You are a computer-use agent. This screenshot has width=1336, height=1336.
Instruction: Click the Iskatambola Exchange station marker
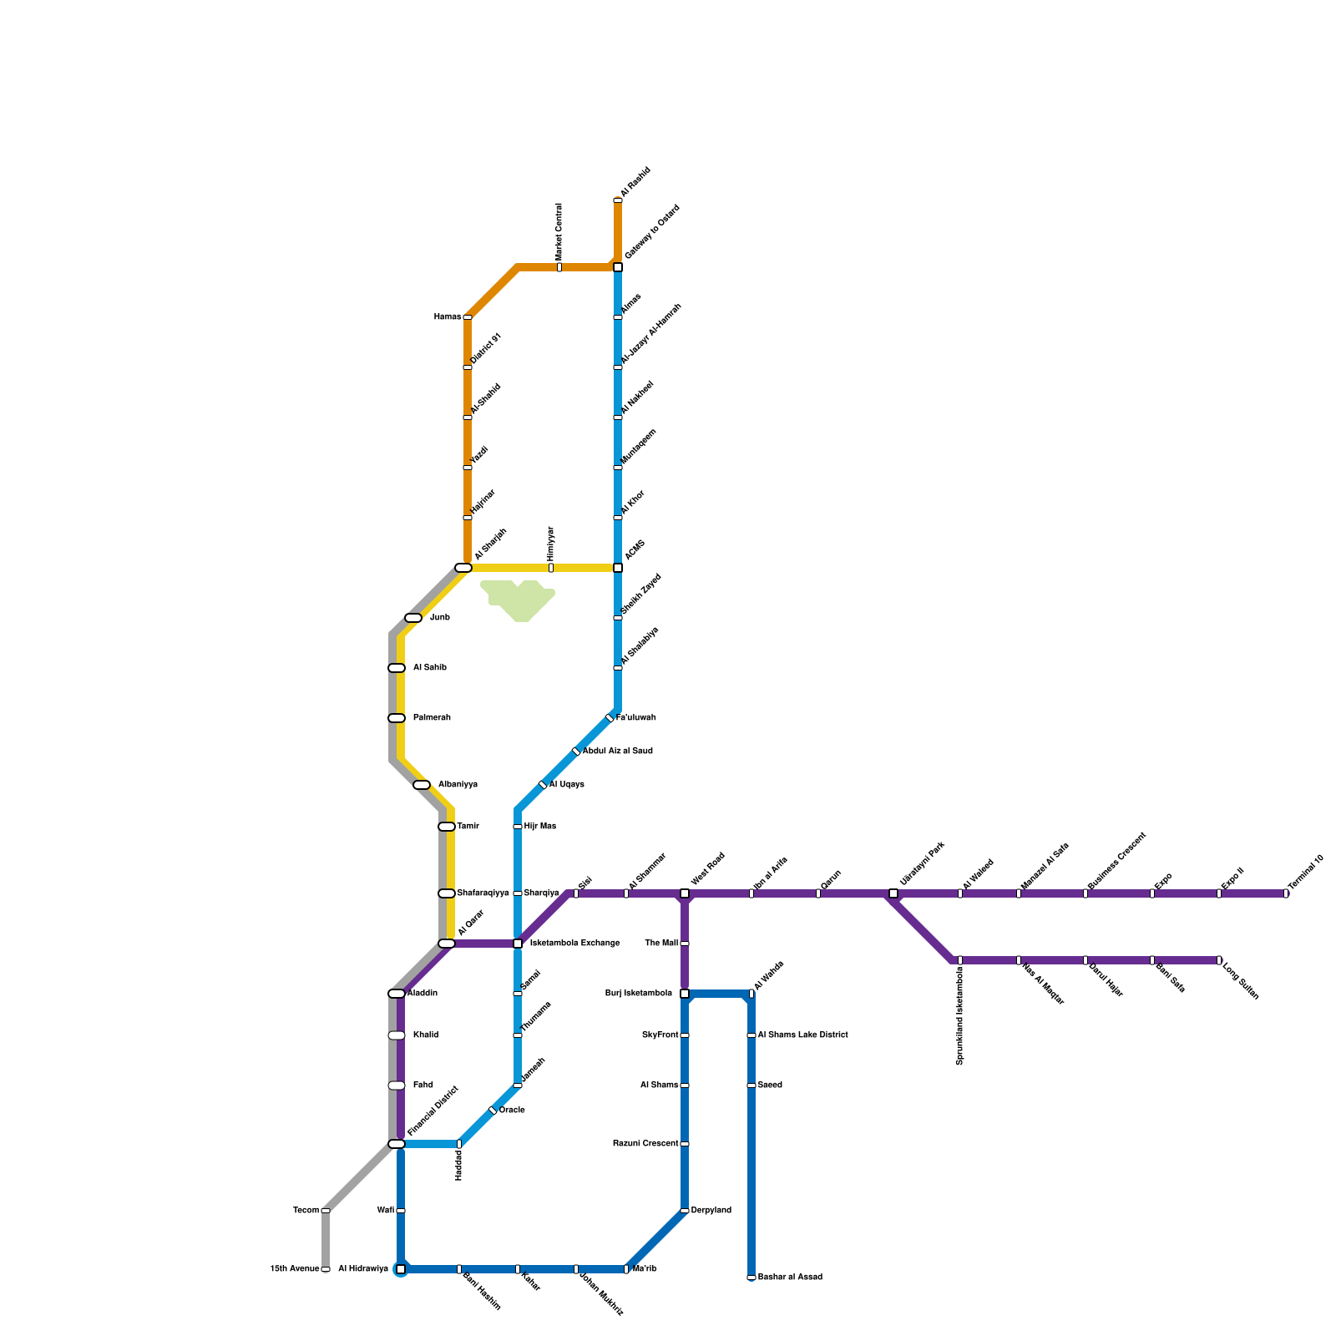518,944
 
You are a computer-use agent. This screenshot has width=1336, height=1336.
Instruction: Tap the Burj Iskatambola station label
639,994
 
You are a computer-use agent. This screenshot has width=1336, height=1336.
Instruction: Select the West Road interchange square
685,893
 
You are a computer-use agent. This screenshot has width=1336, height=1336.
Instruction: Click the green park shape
519,600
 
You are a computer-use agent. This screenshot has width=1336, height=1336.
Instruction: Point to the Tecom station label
306,1211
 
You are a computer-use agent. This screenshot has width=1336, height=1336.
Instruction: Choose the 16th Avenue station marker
326,1269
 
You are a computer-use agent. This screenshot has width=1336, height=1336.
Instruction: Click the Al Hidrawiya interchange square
401,1269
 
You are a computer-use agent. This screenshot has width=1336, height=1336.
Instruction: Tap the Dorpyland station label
711,1211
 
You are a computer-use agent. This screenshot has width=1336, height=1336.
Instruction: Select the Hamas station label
448,317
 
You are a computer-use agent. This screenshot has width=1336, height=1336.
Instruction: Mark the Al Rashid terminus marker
618,200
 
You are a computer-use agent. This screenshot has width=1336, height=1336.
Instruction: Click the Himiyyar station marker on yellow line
551,568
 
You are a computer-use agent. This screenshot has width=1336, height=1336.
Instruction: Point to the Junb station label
440,618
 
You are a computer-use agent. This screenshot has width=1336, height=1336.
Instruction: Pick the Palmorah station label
432,718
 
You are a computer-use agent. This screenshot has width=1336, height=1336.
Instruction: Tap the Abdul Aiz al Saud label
618,751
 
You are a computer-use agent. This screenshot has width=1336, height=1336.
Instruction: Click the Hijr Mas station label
540,827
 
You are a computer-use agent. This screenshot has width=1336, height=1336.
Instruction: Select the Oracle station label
512,1111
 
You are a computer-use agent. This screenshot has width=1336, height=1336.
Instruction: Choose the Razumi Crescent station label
645,1144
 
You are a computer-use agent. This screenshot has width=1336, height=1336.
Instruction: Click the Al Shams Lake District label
802,1035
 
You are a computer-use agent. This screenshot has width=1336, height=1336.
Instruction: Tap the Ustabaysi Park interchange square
893,893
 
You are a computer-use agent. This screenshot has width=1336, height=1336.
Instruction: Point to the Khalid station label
426,1035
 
